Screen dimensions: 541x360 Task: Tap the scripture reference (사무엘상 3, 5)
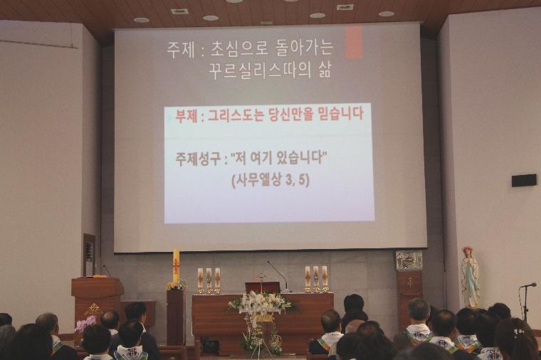tap(270, 180)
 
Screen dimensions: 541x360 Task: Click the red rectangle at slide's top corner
tap(354, 43)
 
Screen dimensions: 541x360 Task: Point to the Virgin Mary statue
tap(470, 277)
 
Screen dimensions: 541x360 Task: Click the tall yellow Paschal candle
tap(177, 265)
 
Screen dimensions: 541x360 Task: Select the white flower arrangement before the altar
tap(261, 304)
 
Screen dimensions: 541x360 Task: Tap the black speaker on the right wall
tap(524, 180)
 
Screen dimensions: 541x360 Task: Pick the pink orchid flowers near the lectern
tap(85, 324)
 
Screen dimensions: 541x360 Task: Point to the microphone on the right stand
tap(530, 285)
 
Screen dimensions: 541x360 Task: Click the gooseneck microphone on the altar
tap(278, 274)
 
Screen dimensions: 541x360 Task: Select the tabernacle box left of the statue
tap(409, 260)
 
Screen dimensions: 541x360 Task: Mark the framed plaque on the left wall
tap(90, 255)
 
